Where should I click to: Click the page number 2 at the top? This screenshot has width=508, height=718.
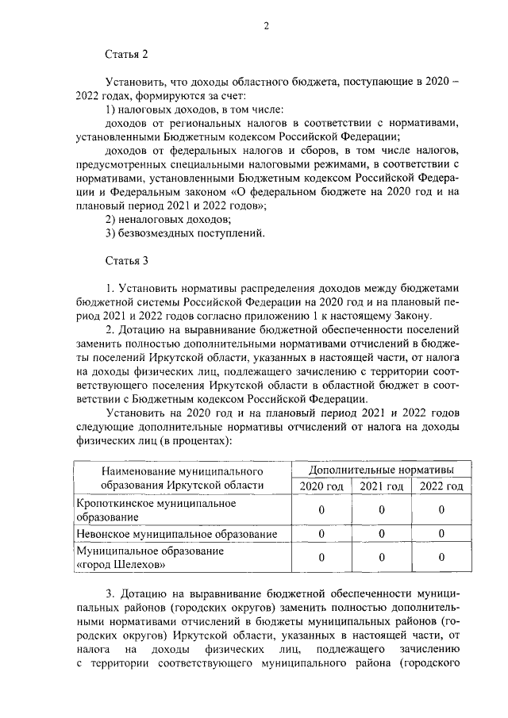(x=267, y=25)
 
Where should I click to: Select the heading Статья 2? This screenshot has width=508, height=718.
(x=127, y=55)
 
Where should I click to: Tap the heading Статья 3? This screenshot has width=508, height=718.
(x=127, y=259)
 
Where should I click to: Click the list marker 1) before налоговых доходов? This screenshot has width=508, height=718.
(x=112, y=109)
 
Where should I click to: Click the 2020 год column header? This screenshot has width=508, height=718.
(x=321, y=486)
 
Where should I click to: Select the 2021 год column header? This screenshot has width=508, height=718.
(x=381, y=486)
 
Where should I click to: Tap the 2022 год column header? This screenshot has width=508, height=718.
(x=441, y=486)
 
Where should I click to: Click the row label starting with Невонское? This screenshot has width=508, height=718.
(x=175, y=534)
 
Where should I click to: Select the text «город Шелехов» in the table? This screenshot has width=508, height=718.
(x=120, y=565)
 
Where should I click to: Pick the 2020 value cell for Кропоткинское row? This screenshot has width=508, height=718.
(x=321, y=510)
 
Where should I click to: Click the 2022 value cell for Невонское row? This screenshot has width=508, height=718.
(x=441, y=534)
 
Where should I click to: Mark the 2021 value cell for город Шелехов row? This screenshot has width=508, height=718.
(x=381, y=558)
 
